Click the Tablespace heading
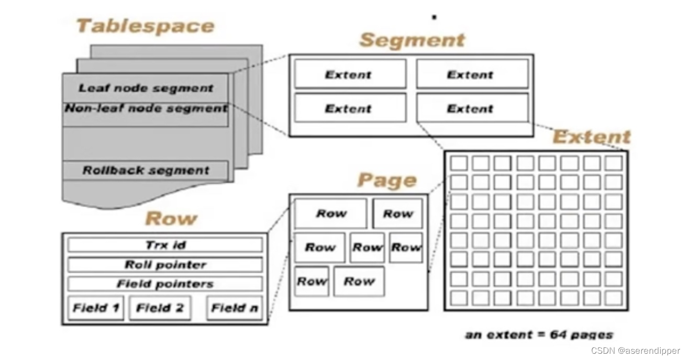146,26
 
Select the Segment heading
412,40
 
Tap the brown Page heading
387,181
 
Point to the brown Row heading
171,218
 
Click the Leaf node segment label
146,88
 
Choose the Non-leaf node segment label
146,108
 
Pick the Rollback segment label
146,170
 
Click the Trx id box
165,245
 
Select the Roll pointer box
165,265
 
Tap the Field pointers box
165,284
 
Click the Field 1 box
96,308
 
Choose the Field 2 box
160,308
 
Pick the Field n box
234,308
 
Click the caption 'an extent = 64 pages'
539,334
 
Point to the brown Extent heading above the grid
592,137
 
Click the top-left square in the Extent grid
459,163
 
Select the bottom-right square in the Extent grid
613,298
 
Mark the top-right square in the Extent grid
613,163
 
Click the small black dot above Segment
434,17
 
